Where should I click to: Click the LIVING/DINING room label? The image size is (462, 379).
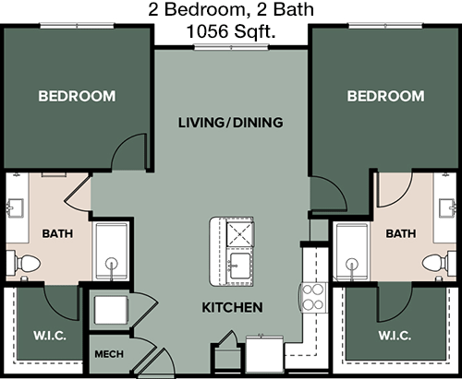pyautogui.click(x=231, y=123)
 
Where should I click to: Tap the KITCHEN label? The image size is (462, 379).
pyautogui.click(x=232, y=307)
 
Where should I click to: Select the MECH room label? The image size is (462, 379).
pyautogui.click(x=109, y=354)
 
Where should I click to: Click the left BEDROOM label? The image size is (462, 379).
pyautogui.click(x=77, y=96)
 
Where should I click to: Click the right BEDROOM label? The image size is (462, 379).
pyautogui.click(x=385, y=96)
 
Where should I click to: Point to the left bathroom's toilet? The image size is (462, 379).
pyautogui.click(x=24, y=263)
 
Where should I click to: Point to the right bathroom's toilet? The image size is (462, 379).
pyautogui.click(x=439, y=263)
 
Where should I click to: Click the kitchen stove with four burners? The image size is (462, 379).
pyautogui.click(x=313, y=297)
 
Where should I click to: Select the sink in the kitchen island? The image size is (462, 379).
pyautogui.click(x=239, y=266)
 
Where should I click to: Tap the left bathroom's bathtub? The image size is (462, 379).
pyautogui.click(x=111, y=251)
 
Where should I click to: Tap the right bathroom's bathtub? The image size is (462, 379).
pyautogui.click(x=352, y=251)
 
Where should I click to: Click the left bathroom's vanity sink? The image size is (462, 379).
pyautogui.click(x=15, y=207)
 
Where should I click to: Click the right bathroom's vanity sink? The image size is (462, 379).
pyautogui.click(x=448, y=207)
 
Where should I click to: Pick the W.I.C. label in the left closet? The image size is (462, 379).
pyautogui.click(x=50, y=336)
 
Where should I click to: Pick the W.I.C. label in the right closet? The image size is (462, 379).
pyautogui.click(x=395, y=336)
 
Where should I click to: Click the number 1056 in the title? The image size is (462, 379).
pyautogui.click(x=208, y=31)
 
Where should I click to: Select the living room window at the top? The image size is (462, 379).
pyautogui.click(x=231, y=47)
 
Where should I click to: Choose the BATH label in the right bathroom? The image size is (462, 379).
pyautogui.click(x=401, y=233)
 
